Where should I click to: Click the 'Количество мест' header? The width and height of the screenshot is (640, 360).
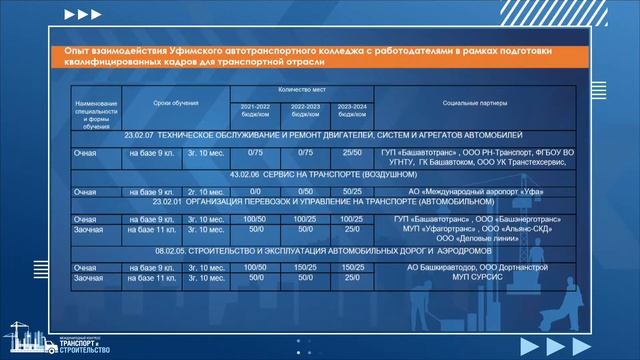304,91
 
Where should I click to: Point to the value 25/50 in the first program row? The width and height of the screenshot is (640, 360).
352,152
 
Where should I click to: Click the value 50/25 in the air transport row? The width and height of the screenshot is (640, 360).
352,190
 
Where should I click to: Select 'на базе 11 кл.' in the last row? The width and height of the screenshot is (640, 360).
152,280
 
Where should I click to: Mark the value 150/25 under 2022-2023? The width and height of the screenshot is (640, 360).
304,268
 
